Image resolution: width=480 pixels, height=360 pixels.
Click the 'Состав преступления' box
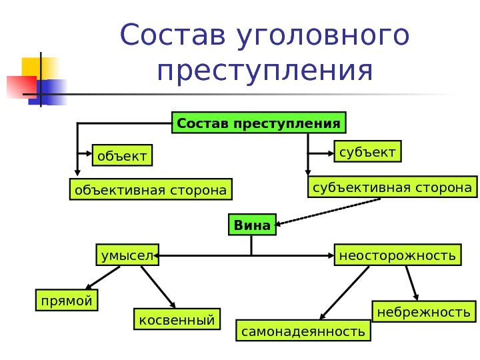[x=259, y=124]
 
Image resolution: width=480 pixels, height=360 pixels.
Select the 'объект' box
[x=122, y=156]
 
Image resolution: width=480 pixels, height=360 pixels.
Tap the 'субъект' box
[x=367, y=152]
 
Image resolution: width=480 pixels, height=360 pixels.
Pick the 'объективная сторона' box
[x=151, y=190]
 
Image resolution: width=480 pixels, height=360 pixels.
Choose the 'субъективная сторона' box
[x=392, y=187]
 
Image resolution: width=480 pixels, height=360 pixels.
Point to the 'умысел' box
[x=127, y=255]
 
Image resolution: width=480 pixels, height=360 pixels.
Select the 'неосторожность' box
[x=397, y=255]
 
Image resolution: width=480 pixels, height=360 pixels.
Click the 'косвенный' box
[x=177, y=320]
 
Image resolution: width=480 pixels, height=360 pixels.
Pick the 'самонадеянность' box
[x=303, y=331]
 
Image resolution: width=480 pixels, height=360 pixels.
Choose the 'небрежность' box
[x=423, y=312]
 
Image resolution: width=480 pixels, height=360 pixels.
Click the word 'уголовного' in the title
[x=322, y=36]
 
